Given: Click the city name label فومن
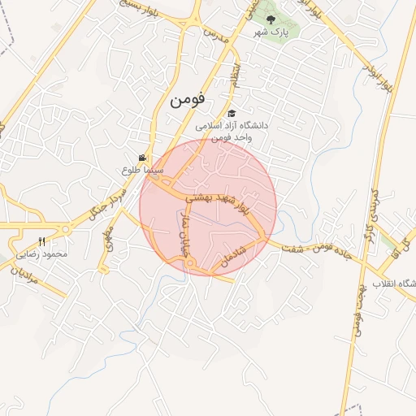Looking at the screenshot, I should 188,101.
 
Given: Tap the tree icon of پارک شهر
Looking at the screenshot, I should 272,19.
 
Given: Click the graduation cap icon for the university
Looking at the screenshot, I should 232,114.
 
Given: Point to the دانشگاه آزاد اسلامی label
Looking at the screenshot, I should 236,126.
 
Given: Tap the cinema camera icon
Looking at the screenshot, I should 143,158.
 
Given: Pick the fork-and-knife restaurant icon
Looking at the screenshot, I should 42,241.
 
